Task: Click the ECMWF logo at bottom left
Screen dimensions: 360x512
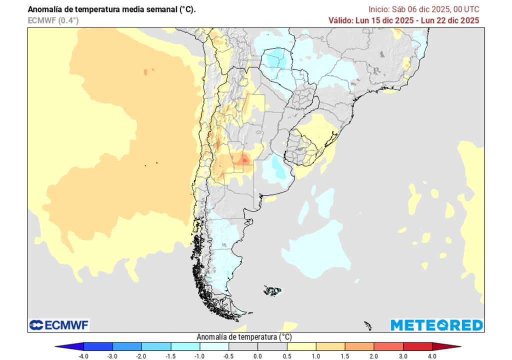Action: point(59,325)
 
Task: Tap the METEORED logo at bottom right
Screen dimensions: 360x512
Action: point(436,325)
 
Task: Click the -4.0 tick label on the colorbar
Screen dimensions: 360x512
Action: point(84,356)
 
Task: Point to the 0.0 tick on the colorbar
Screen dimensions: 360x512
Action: point(257,356)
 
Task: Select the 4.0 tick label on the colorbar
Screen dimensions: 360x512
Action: point(431,356)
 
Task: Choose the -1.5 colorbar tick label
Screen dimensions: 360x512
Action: point(171,356)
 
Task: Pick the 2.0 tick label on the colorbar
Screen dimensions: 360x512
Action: point(373,356)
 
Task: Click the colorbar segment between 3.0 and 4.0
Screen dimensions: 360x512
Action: point(417,346)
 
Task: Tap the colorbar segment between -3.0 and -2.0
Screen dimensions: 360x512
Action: point(127,346)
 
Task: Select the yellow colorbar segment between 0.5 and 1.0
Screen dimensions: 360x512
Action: point(301,346)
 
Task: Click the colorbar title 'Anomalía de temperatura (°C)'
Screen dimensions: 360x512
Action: point(244,337)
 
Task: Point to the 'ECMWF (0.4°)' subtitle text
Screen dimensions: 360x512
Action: point(53,20)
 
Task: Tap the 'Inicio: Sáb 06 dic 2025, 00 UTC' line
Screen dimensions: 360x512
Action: point(424,9)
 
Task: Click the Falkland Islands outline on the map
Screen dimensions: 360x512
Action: point(273,290)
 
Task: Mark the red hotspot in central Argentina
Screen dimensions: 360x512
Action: point(244,159)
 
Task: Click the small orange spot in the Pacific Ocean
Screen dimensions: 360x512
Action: point(145,72)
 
